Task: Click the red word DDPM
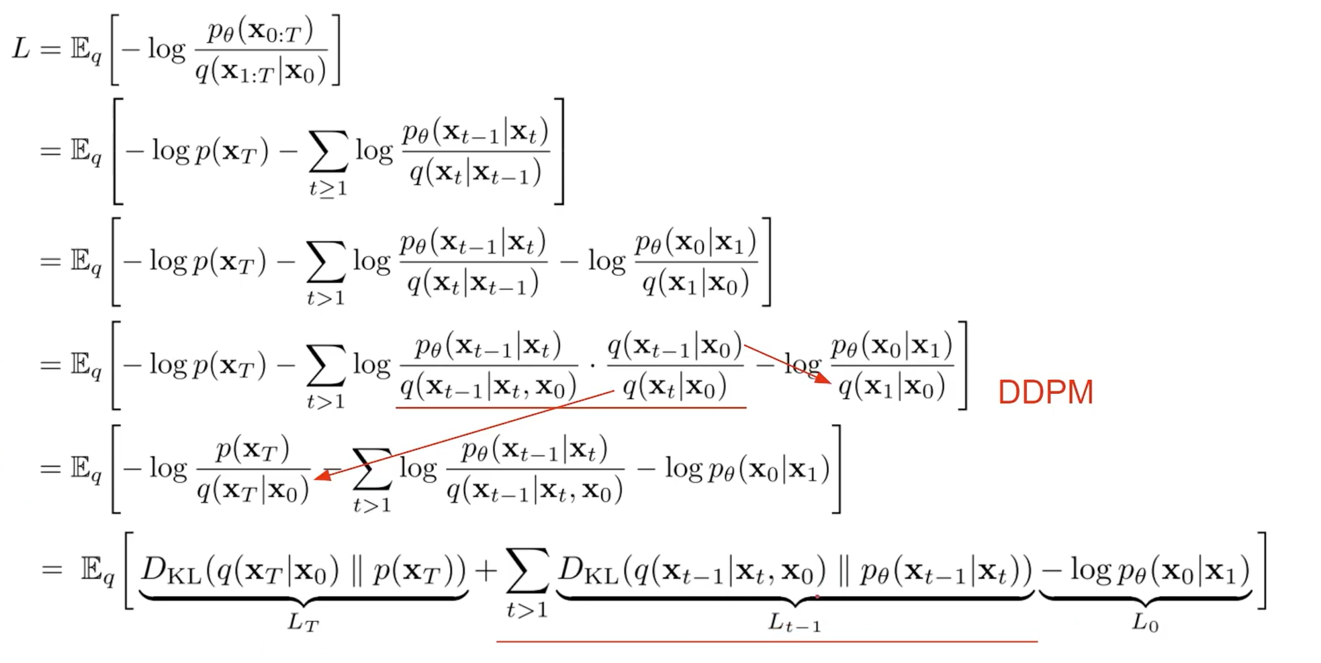tap(1045, 393)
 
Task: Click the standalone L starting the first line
tap(21, 48)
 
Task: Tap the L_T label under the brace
tap(303, 623)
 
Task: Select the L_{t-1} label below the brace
tap(794, 624)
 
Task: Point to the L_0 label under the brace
tap(1144, 623)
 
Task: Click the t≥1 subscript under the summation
tap(328, 189)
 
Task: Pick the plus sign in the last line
tap(486, 570)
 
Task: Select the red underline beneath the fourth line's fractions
tap(571, 407)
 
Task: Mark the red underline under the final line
tap(766, 642)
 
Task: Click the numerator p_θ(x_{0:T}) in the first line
tap(261, 31)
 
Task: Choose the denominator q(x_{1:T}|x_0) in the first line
tap(261, 70)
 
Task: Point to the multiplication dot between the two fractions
tap(592, 366)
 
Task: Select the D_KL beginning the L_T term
tap(171, 570)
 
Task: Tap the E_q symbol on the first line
tap(86, 50)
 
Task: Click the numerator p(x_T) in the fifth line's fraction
tap(253, 449)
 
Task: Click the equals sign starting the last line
tap(52, 570)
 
